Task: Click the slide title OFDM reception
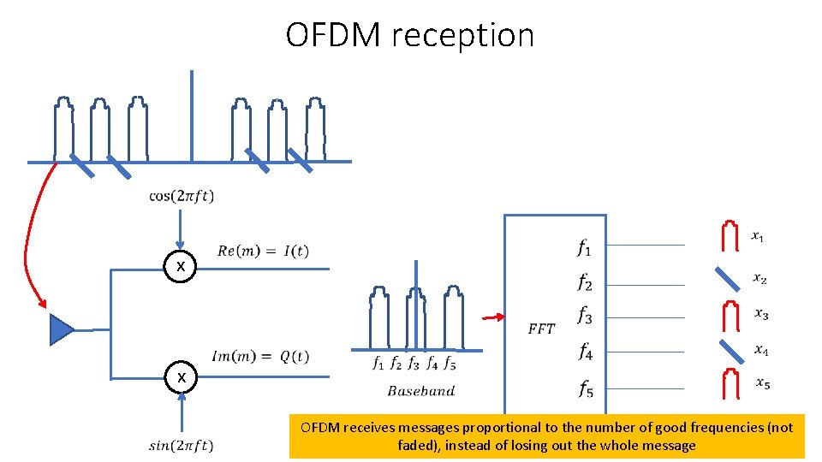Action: point(409,35)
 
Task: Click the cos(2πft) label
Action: point(182,196)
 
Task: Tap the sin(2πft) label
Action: point(181,445)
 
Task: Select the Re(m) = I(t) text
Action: point(263,251)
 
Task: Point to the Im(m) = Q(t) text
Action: point(260,357)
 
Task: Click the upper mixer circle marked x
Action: point(181,268)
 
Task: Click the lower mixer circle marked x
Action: point(181,377)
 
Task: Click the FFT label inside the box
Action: point(541,329)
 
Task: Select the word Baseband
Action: point(421,391)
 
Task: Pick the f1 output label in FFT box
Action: point(584,249)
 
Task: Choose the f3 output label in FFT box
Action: point(584,317)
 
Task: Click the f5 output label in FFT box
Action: point(585,391)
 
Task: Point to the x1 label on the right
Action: point(759,235)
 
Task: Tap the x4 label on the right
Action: point(760,349)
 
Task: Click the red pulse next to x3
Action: point(730,314)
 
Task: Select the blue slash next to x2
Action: point(728,278)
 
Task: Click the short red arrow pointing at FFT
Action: point(492,317)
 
